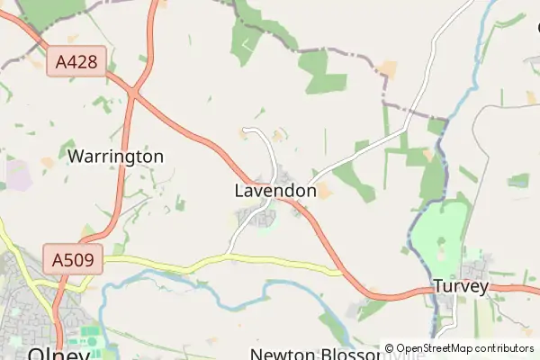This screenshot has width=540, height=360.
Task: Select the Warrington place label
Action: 115,157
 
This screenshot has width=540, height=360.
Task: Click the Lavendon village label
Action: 274,191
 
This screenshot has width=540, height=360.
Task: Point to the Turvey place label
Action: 460,287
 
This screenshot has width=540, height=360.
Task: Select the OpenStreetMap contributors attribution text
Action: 464,348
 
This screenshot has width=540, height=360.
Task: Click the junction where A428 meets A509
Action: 133,91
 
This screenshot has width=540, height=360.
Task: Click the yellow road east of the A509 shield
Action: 225,259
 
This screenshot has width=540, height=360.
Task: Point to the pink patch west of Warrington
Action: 18,174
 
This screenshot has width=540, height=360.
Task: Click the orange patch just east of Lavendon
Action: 323,191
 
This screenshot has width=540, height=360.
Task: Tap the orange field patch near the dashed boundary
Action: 387,68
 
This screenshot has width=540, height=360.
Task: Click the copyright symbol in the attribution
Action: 390,348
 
